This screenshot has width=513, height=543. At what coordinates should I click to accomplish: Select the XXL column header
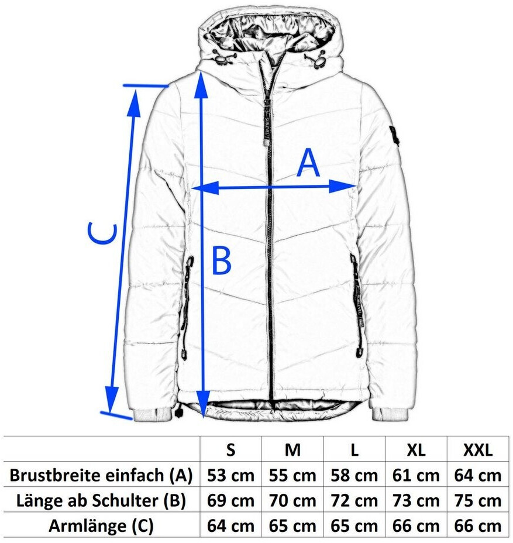pyautogui.click(x=478, y=450)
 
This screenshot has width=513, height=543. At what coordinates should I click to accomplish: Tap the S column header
pyautogui.click(x=230, y=450)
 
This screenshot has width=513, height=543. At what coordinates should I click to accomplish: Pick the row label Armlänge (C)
pyautogui.click(x=102, y=525)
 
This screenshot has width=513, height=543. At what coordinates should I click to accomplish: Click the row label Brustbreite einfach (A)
pyautogui.click(x=102, y=475)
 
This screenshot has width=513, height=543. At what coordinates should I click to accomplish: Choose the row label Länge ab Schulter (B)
pyautogui.click(x=102, y=500)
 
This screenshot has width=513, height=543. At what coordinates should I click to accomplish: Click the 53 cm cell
pyautogui.click(x=230, y=475)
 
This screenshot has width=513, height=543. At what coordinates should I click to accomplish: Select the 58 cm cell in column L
pyautogui.click(x=354, y=475)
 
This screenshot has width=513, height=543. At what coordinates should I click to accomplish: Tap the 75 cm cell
pyautogui.click(x=478, y=500)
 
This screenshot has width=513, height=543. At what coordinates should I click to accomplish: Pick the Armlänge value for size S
pyautogui.click(x=230, y=525)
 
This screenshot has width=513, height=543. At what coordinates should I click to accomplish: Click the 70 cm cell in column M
pyautogui.click(x=292, y=500)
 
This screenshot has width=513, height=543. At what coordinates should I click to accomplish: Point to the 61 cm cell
pyautogui.click(x=416, y=475)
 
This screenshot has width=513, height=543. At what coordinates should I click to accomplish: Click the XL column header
pyautogui.click(x=416, y=450)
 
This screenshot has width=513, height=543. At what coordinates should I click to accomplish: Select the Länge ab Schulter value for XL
pyautogui.click(x=416, y=500)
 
